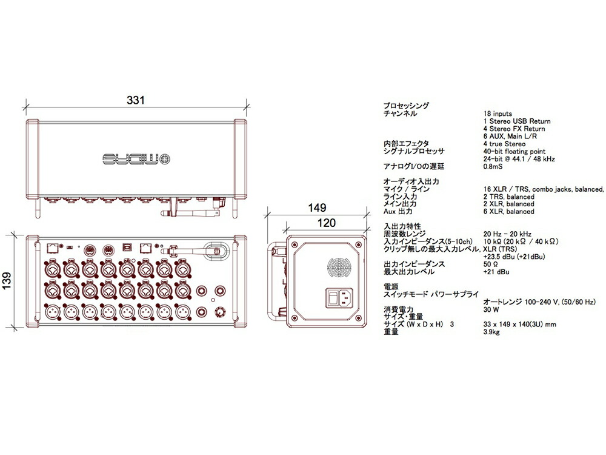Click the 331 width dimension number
(136, 101)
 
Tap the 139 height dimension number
(8, 281)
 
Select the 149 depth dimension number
(317, 208)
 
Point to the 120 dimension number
(326, 223)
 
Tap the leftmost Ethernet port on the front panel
(53, 248)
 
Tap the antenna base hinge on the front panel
(173, 249)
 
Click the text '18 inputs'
(498, 113)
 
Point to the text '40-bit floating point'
(514, 151)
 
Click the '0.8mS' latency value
(493, 166)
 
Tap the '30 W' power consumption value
(491, 309)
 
